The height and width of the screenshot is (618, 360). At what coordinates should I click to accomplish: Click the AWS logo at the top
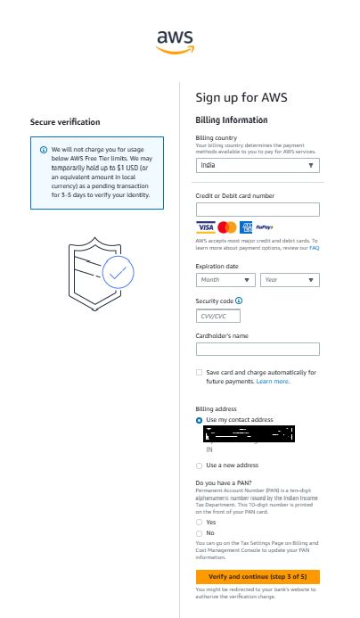pyautogui.click(x=176, y=41)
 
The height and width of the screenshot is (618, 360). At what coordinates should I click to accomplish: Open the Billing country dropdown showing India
pyautogui.click(x=257, y=165)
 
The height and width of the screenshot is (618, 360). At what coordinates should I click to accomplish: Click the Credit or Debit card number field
pyautogui.click(x=257, y=210)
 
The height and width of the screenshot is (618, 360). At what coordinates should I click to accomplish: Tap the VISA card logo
pyautogui.click(x=205, y=227)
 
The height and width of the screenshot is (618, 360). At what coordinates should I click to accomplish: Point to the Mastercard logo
pyautogui.click(x=226, y=227)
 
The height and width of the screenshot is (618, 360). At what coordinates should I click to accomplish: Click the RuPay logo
pyautogui.click(x=265, y=227)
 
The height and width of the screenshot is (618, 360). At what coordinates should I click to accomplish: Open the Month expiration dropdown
pyautogui.click(x=225, y=279)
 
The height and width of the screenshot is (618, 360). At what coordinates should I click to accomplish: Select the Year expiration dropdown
pyautogui.click(x=290, y=279)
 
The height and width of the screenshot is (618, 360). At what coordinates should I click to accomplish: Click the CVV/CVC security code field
pyautogui.click(x=217, y=316)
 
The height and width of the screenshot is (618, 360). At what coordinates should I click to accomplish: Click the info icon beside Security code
pyautogui.click(x=237, y=301)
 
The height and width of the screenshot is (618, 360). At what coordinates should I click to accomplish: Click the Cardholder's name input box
pyautogui.click(x=257, y=349)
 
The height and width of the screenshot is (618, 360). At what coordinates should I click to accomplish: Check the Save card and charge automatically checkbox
pyautogui.click(x=199, y=373)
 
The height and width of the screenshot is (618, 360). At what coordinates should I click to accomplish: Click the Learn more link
pyautogui.click(x=273, y=381)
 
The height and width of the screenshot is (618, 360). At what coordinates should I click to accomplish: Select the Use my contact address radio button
pyautogui.click(x=199, y=419)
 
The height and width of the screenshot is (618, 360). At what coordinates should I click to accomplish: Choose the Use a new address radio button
pyautogui.click(x=199, y=466)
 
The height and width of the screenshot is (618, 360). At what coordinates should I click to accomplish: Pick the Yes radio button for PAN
pyautogui.click(x=199, y=522)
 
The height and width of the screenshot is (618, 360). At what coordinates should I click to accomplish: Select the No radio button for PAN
pyautogui.click(x=199, y=532)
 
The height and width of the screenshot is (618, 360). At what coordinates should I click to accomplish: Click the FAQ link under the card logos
pyautogui.click(x=314, y=247)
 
